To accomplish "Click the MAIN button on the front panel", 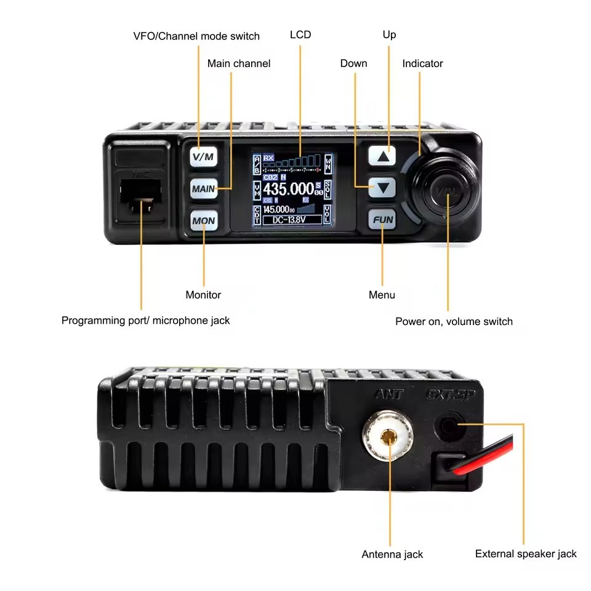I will (x=204, y=188).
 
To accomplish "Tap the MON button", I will (x=204, y=220).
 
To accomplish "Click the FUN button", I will (x=383, y=220).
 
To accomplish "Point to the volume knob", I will (x=446, y=188).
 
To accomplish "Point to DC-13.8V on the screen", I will (x=292, y=220).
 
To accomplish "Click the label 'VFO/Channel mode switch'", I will (x=196, y=36).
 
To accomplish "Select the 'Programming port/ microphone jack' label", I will (x=145, y=320).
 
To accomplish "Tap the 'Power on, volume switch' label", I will (x=454, y=321).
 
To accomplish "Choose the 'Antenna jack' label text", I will (x=392, y=555).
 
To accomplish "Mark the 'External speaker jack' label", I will (x=526, y=554).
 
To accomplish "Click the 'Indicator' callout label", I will (x=422, y=63).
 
